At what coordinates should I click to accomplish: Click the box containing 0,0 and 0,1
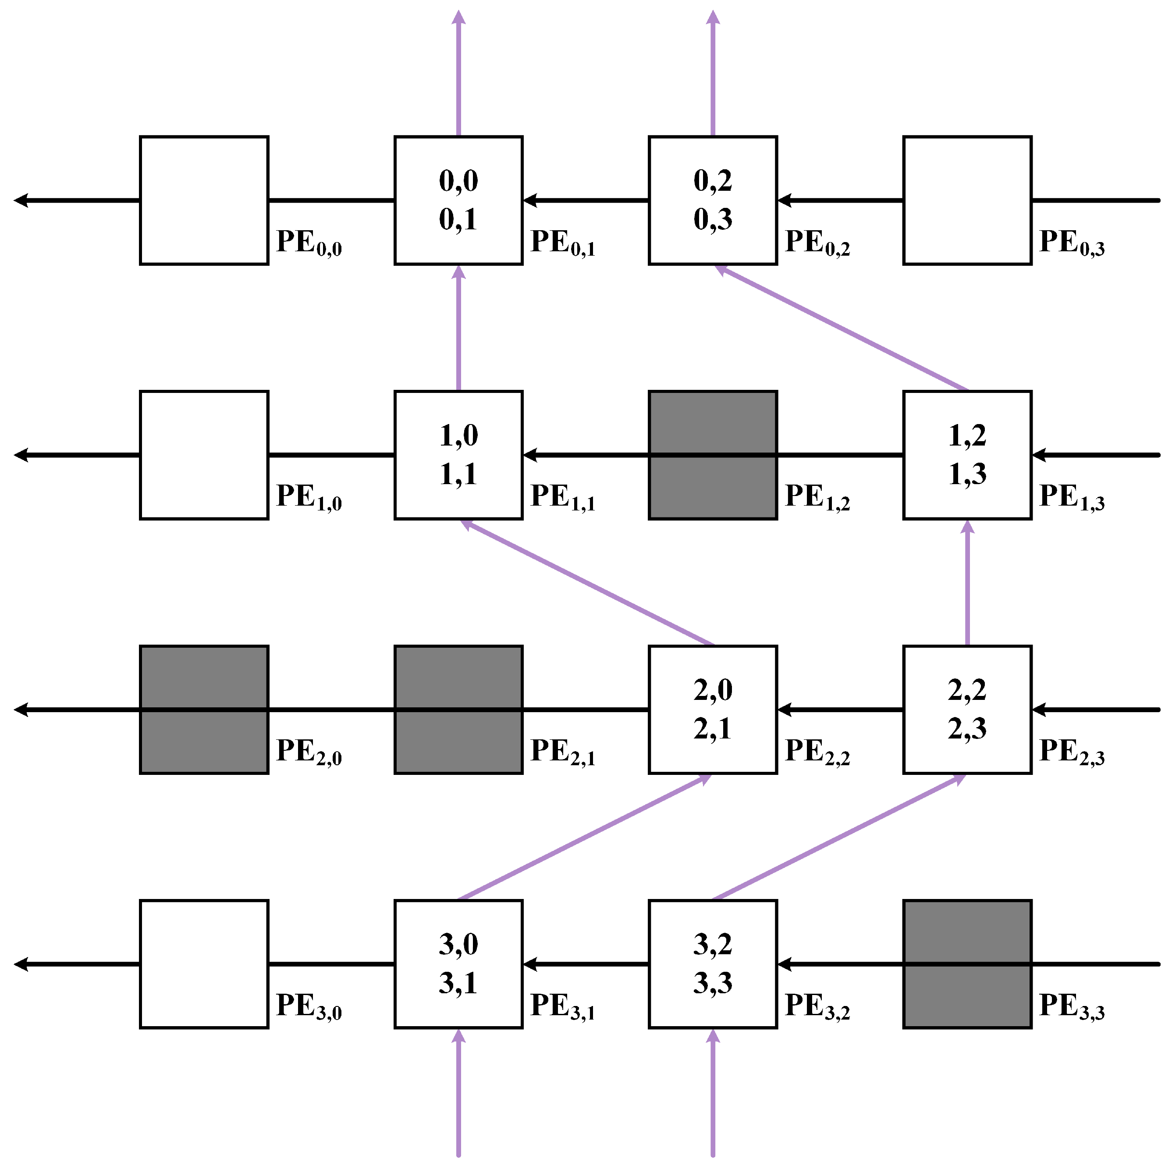(x=458, y=200)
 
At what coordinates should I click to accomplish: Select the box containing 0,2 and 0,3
(x=712, y=200)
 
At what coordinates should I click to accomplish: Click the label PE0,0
(x=308, y=243)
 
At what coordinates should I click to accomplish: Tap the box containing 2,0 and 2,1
(x=712, y=710)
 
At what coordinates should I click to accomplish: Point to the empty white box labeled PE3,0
(x=204, y=964)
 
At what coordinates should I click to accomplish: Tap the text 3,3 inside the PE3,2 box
(x=712, y=983)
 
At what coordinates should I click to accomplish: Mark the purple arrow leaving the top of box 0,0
(x=458, y=73)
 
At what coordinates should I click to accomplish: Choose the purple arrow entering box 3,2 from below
(x=712, y=1092)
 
